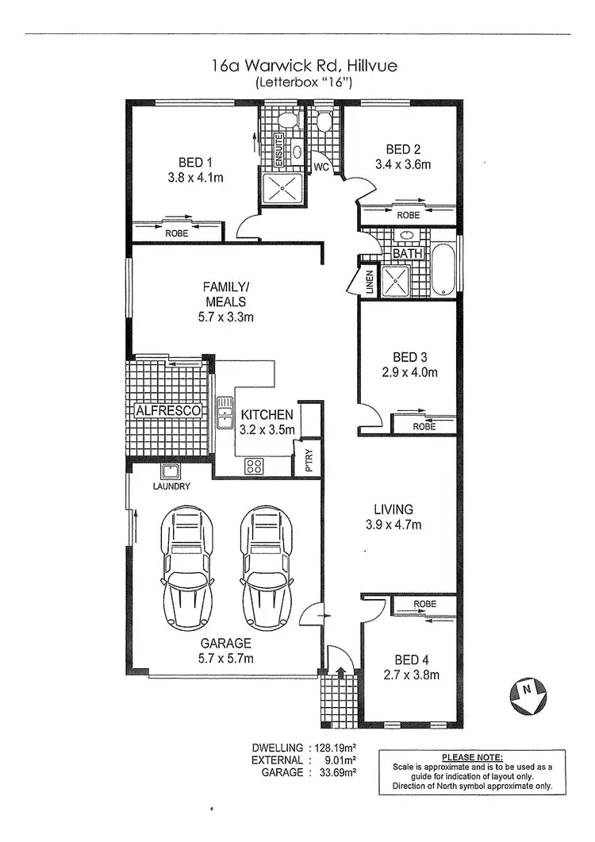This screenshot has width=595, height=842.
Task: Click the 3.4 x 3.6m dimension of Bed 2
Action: pos(403,165)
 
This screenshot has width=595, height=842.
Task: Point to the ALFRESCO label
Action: pos(167,410)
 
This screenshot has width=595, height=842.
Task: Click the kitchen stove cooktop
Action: pos(255,466)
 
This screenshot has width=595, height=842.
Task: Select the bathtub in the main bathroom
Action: pos(443,271)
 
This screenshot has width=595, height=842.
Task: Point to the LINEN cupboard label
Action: pos(370,283)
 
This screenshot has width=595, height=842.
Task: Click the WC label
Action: pos(321,167)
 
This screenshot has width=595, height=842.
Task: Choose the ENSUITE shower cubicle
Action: pos(279,189)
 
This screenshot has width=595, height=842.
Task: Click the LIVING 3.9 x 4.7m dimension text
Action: pos(393,525)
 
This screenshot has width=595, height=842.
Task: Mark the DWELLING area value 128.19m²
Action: pos(332,748)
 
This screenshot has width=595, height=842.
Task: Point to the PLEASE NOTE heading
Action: pos(472,757)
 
